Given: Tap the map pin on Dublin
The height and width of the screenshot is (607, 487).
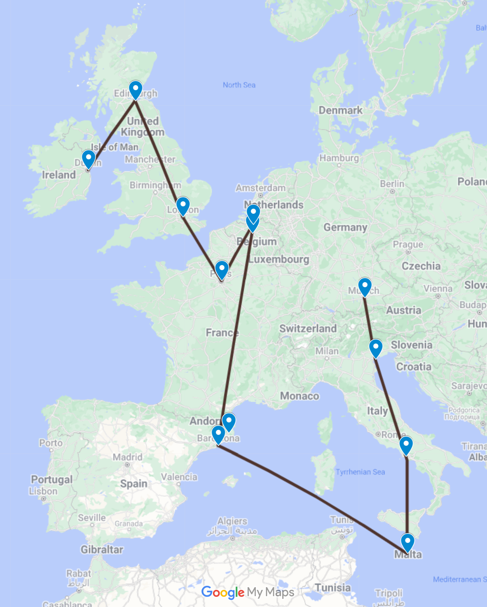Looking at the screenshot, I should tap(89, 159).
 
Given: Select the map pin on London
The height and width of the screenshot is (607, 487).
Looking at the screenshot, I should tap(183, 206).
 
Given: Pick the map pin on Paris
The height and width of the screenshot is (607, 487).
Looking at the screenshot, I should tap(222, 269).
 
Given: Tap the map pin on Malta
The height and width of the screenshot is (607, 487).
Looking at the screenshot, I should tap(407, 542).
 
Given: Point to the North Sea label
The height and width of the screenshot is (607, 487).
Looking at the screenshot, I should tap(239, 85).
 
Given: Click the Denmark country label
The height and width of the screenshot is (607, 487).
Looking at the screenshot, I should tap(340, 110).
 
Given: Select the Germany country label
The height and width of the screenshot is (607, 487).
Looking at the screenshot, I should tap(345, 227).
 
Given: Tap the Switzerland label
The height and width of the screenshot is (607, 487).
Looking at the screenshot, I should tap(308, 328).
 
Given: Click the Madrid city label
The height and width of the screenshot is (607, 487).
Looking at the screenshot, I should tap(127, 457).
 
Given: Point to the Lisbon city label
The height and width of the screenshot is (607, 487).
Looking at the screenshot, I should tap(43, 491).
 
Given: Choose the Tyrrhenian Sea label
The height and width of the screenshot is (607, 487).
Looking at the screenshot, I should tap(360, 472).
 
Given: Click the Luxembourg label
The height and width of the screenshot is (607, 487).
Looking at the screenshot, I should tap(279, 259).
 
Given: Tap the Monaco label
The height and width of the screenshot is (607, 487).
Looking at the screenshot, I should tap(300, 396).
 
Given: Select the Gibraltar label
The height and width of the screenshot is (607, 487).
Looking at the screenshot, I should tap(102, 549).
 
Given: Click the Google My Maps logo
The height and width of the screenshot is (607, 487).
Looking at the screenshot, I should tap(248, 592).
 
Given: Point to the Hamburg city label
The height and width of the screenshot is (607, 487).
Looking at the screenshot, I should tap(339, 158).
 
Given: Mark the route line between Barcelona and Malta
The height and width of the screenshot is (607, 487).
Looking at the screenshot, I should tap(311, 494).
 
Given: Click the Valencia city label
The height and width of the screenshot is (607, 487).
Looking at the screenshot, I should tap(179, 477).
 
